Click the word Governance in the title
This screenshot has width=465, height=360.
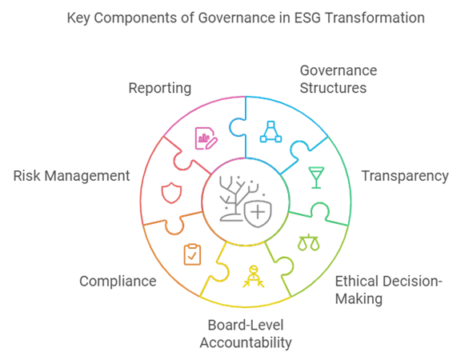[237, 18]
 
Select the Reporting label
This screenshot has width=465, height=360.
[160, 88]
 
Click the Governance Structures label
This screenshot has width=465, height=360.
[339, 79]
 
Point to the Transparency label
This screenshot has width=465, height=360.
[405, 176]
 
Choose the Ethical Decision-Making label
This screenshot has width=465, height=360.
[388, 290]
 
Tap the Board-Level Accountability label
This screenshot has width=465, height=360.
[246, 334]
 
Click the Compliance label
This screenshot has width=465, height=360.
[118, 281]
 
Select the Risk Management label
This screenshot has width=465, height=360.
[71, 175]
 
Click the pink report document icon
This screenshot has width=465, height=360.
[206, 138]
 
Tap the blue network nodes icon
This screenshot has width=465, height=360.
[271, 132]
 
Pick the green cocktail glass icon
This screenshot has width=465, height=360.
[316, 178]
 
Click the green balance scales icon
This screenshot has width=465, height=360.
[309, 242]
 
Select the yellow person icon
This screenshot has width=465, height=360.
[254, 276]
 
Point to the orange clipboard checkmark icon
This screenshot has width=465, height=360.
[192, 254]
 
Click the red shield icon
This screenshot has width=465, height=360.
[171, 193]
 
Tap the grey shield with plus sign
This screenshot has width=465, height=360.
[258, 214]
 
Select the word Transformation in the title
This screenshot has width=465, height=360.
[375, 18]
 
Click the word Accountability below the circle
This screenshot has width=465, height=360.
[246, 342]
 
